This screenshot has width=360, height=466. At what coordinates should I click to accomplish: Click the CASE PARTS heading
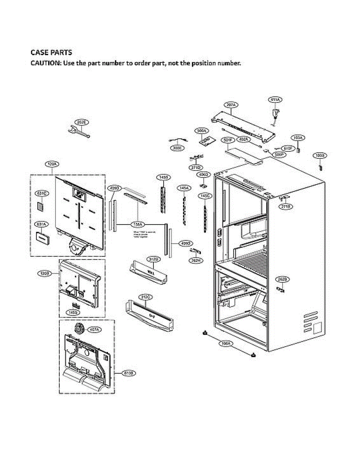coord(51,52)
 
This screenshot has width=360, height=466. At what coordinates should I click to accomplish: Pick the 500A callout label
coord(202,131)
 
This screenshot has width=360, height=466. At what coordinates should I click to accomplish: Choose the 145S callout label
coord(72,312)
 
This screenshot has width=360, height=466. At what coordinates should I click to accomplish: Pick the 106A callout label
coord(225,343)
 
